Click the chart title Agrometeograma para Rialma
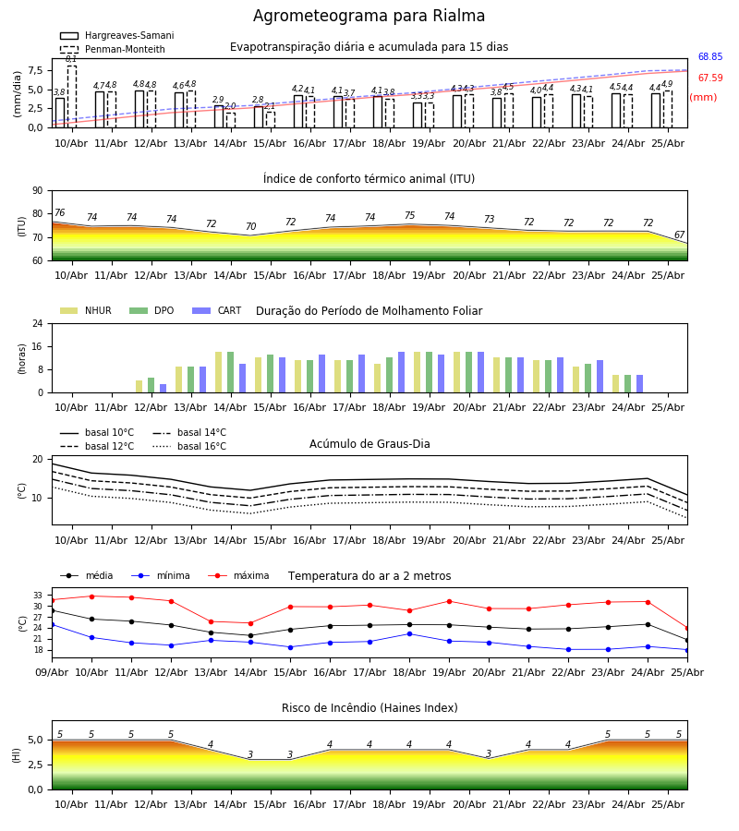369,16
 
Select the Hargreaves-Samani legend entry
116,35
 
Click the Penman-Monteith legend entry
113,49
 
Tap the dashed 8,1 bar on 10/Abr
71,96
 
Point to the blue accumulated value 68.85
710,56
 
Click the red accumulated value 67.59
710,78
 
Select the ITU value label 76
59,212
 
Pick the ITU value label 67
679,235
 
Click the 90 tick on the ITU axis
38,191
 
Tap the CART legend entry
217,310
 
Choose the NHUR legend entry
86,310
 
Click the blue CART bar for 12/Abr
163,389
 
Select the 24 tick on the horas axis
38,323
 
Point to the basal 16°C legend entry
189,446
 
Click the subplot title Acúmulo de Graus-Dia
369,444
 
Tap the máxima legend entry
239,575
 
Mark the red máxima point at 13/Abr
211,621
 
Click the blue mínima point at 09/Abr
53,625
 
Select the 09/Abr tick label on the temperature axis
52,672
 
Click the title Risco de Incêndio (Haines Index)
369,708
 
